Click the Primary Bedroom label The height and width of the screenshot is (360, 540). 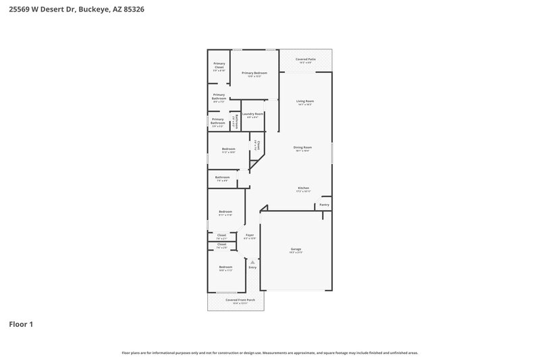point(254,73)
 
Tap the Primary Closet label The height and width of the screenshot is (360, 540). point(219,66)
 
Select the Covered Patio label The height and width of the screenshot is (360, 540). point(306,59)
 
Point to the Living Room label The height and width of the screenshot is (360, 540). point(305,101)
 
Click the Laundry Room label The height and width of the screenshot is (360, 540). point(252,114)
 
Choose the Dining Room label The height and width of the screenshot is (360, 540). point(302,147)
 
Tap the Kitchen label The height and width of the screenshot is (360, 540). point(304,188)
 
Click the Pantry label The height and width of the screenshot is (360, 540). point(324,204)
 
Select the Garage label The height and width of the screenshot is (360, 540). point(295,249)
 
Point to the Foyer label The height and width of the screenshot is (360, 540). point(250,235)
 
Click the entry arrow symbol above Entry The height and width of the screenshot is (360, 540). point(252,262)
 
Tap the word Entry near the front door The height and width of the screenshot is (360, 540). point(252,267)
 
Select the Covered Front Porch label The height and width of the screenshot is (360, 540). point(235,299)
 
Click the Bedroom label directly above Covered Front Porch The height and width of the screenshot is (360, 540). point(225,267)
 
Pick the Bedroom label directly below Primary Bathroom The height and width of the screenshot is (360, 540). point(228,149)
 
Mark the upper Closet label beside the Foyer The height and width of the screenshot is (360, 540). point(221,235)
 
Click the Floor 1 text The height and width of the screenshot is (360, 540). point(21,324)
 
